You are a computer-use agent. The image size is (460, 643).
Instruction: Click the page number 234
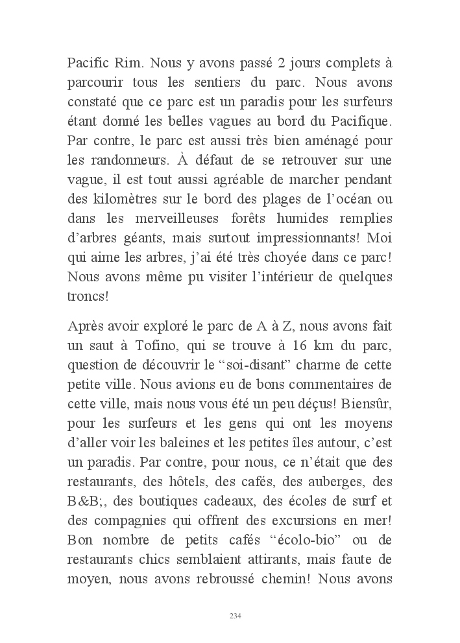(236, 616)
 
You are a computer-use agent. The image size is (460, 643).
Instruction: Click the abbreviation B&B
(84, 502)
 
